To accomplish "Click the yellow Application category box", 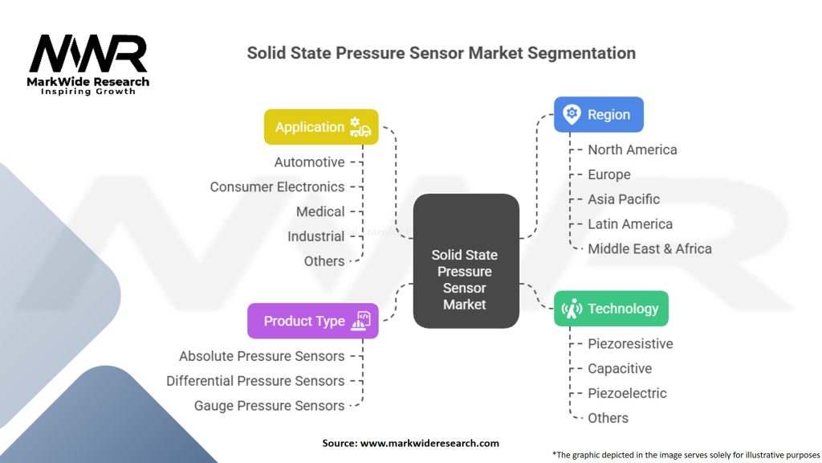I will (x=321, y=127).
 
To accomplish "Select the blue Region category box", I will (x=598, y=114).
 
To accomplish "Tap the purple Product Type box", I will (x=312, y=321).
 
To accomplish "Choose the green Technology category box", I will (x=610, y=309).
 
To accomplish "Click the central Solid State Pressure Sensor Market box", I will (x=465, y=261).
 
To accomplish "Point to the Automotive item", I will (x=309, y=162).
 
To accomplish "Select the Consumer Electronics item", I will (x=277, y=187).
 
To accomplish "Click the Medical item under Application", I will (x=320, y=212).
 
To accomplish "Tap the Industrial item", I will (x=315, y=237).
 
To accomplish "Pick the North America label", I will (x=632, y=150).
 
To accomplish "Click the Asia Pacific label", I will (x=623, y=199).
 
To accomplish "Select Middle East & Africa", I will (x=649, y=249).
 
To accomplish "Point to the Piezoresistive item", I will (x=630, y=344).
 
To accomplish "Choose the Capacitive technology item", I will (x=620, y=369).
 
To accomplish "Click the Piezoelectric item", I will (x=627, y=394).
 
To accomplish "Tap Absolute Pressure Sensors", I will (x=262, y=357).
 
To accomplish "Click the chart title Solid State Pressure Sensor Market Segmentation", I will (x=441, y=53).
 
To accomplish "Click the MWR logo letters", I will (x=88, y=54).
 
